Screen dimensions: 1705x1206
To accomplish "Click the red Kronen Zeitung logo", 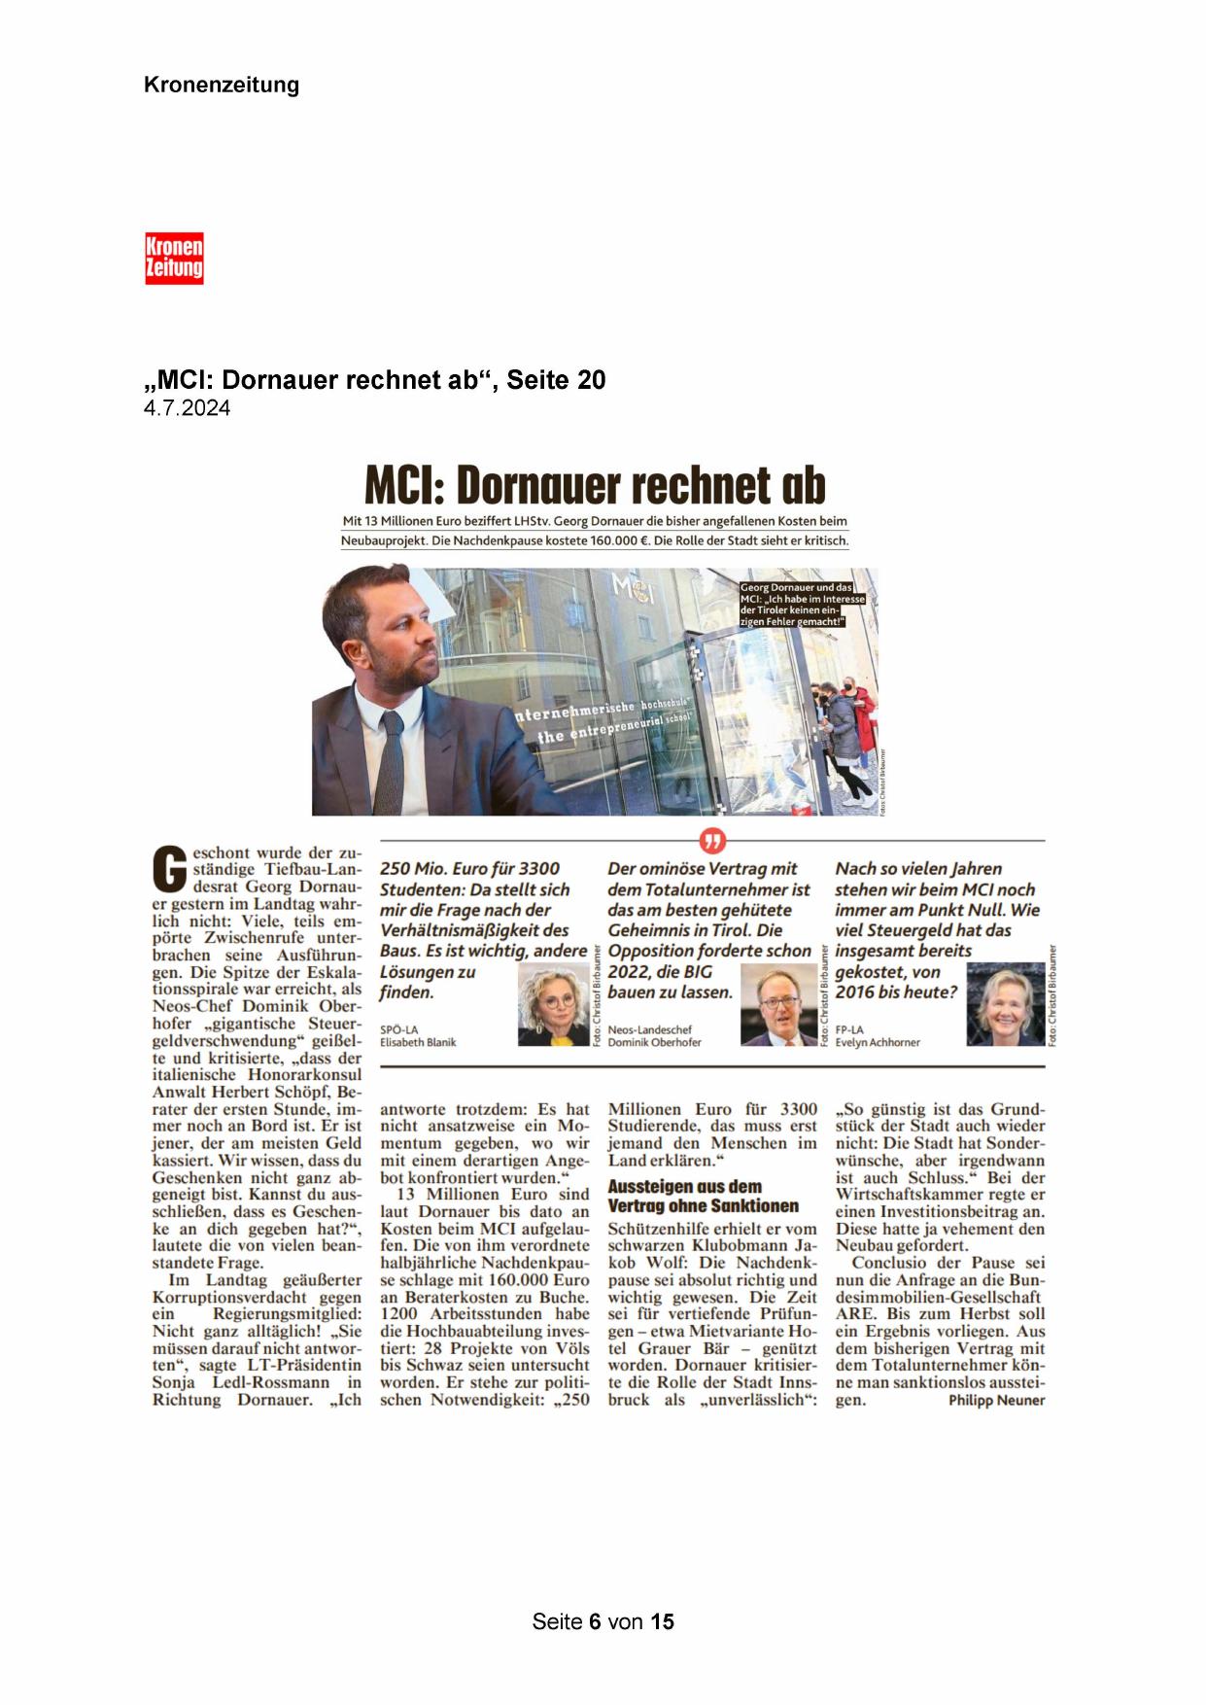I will click(x=174, y=258).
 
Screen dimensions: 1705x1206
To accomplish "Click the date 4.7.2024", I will click(x=188, y=408).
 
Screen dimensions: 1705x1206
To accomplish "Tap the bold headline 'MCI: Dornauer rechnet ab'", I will click(x=594, y=483).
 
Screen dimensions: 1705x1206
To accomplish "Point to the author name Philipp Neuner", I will click(x=996, y=1400).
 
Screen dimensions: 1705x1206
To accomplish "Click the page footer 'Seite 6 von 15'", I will click(x=603, y=1621).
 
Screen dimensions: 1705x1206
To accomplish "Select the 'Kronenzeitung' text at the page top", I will click(x=222, y=85).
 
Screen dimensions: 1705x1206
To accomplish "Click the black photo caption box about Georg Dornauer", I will click(x=802, y=605).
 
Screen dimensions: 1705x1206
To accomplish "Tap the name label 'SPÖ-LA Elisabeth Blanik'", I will click(x=418, y=1035).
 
